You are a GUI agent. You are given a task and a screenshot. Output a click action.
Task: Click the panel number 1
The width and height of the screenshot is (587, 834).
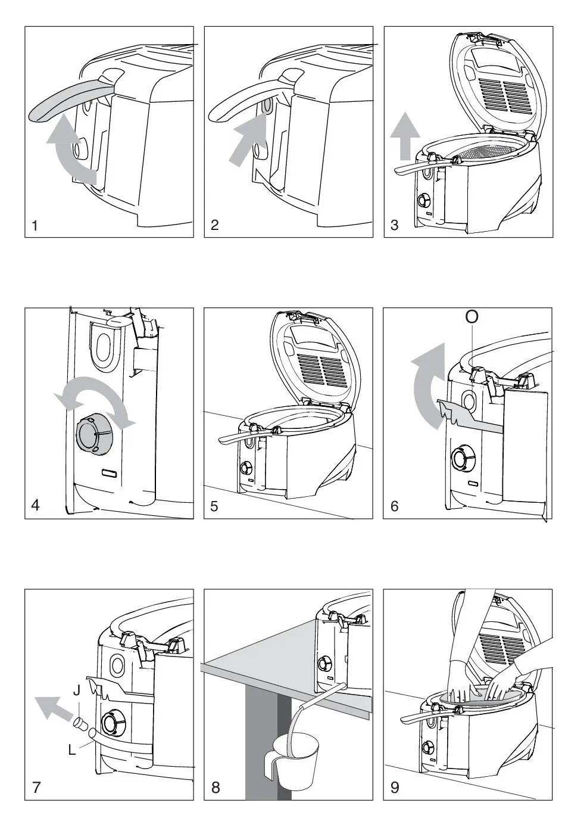[x=35, y=225]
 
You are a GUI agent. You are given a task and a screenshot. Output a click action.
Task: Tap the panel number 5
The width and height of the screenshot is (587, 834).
[x=215, y=506]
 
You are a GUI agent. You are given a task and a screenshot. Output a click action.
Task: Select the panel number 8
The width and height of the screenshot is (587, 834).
[x=216, y=788]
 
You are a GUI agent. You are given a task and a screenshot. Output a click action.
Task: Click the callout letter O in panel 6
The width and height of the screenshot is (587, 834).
[x=472, y=317]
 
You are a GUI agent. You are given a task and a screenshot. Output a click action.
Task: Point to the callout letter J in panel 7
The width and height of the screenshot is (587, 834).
[x=76, y=691]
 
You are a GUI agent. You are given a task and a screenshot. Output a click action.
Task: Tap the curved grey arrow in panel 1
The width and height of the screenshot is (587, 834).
[x=70, y=149]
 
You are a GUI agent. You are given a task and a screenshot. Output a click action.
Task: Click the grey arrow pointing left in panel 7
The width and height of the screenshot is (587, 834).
[x=55, y=709]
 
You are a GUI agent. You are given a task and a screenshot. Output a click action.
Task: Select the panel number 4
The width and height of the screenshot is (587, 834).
[x=36, y=506]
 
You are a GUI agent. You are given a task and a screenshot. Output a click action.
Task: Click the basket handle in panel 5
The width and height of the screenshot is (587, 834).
[x=238, y=438]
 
